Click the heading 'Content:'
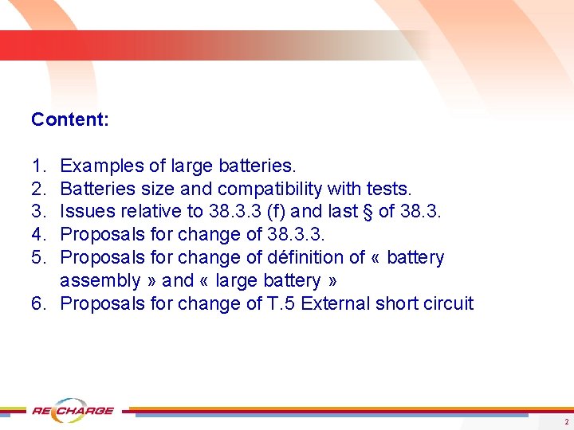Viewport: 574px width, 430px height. click(x=70, y=119)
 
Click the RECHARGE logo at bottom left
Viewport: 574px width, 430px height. click(x=73, y=411)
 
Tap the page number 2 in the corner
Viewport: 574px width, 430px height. click(x=566, y=421)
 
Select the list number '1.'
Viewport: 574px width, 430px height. click(x=39, y=166)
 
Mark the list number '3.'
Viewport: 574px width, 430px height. click(x=39, y=212)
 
